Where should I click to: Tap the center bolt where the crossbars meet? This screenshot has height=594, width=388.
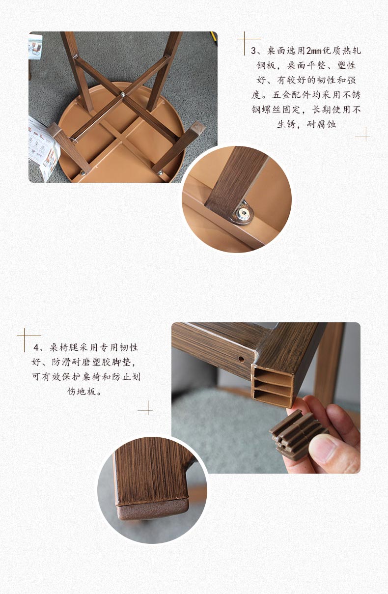point(123,94)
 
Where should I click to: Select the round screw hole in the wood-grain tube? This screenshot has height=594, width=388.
point(241,360)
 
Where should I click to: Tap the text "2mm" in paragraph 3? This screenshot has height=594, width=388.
point(313,51)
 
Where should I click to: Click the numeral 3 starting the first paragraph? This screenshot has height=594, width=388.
point(253,51)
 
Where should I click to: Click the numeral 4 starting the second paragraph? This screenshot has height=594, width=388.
point(36,347)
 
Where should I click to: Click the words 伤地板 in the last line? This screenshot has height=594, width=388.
point(82,392)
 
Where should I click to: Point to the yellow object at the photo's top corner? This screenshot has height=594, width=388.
point(214,37)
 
